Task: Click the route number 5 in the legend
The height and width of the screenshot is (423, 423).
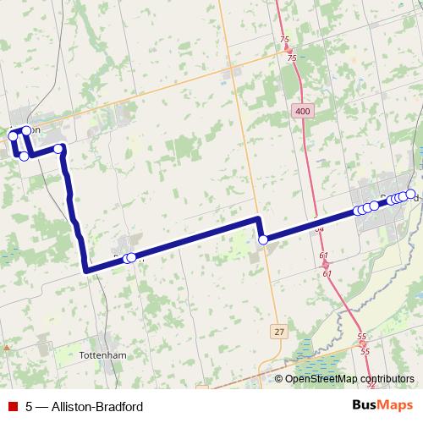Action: point(29,406)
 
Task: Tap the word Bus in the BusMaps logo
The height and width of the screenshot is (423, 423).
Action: point(365,405)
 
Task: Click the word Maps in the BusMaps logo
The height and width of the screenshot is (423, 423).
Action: point(396,405)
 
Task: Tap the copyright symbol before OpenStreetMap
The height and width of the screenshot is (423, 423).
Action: point(279,380)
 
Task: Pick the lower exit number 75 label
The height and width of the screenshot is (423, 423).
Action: point(292,58)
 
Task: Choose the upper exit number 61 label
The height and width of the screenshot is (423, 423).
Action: point(324,255)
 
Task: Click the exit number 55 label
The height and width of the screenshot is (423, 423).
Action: point(362,337)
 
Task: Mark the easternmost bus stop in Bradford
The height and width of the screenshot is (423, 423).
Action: point(411,195)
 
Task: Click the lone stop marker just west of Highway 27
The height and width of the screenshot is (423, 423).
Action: point(263,240)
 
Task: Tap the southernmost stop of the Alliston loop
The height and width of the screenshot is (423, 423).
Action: point(25,157)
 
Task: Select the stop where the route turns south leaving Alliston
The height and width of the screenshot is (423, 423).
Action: point(59,149)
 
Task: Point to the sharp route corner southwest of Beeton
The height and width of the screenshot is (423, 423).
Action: point(86,270)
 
